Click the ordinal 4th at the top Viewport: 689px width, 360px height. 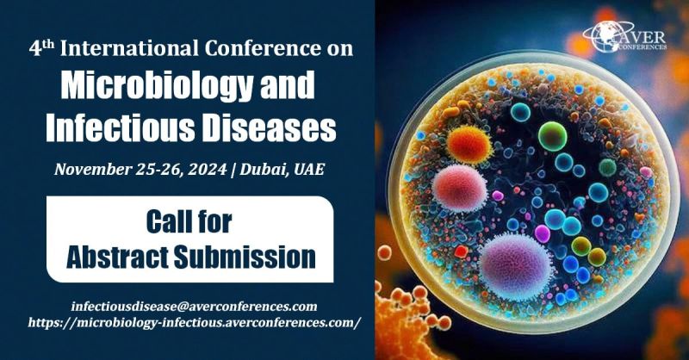click(41, 48)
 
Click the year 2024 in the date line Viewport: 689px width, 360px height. click(208, 169)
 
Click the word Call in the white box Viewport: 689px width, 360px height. click(164, 222)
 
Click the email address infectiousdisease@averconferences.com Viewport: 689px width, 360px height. click(195, 307)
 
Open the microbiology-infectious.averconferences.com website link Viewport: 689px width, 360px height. click(195, 323)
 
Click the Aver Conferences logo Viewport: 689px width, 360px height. click(624, 36)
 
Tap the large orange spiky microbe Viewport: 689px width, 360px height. click(469, 144)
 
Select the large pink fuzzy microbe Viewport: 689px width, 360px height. click(460, 188)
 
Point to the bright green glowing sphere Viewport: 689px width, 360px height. click(552, 135)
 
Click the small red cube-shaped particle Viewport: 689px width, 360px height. click(461, 251)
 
